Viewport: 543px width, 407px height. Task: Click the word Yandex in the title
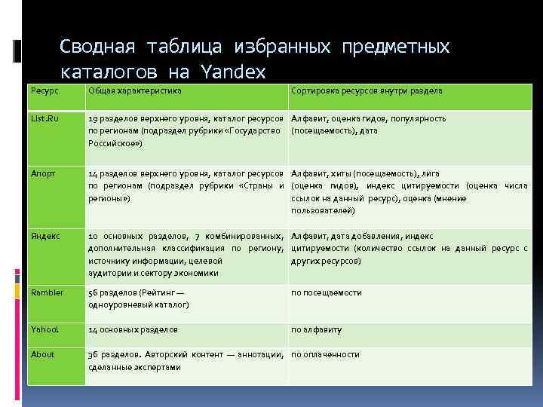[234, 72]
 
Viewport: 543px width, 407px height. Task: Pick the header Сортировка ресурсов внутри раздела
[367, 90]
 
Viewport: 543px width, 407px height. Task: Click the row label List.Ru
[45, 118]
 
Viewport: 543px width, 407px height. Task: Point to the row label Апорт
[44, 173]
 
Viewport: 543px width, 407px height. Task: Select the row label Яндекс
[45, 236]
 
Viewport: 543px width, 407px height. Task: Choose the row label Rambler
[47, 292]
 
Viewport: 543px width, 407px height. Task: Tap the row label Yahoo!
[45, 329]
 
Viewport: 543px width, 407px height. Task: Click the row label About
[43, 354]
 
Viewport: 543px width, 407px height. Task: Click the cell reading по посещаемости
[327, 292]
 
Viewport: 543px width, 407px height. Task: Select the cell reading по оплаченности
[326, 354]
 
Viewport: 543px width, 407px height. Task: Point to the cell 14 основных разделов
[133, 329]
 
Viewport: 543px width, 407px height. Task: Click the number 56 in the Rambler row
[93, 292]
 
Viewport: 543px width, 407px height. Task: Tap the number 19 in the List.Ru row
[93, 118]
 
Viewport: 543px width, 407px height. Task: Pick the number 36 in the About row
[93, 354]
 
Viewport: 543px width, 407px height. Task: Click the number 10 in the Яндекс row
[93, 236]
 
